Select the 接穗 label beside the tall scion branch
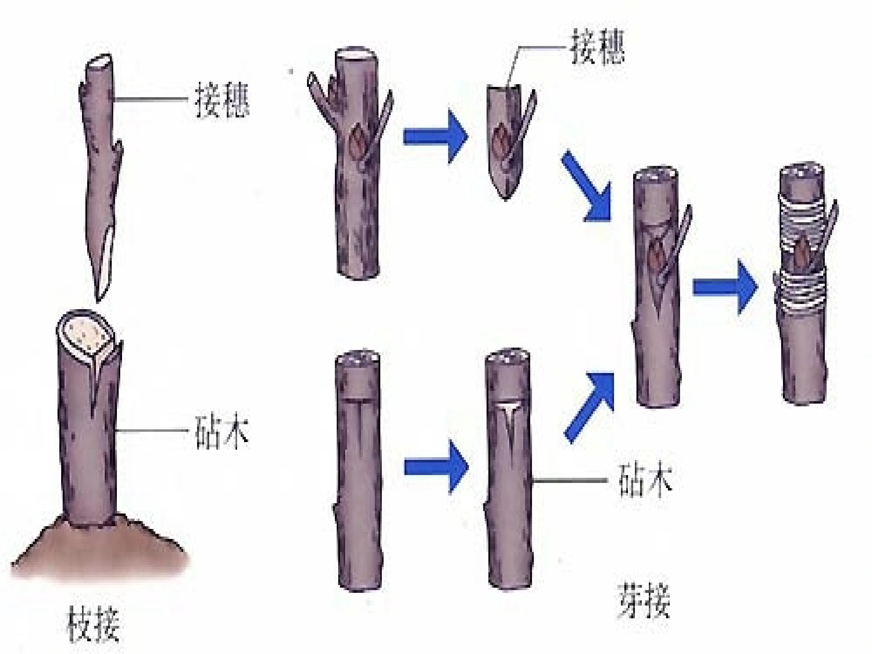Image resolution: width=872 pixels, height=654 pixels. (x=222, y=99)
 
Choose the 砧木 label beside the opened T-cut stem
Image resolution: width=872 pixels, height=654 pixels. (x=645, y=480)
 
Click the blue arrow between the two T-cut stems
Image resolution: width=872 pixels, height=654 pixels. (x=436, y=467)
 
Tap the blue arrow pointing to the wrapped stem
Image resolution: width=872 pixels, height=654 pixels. (x=725, y=287)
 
